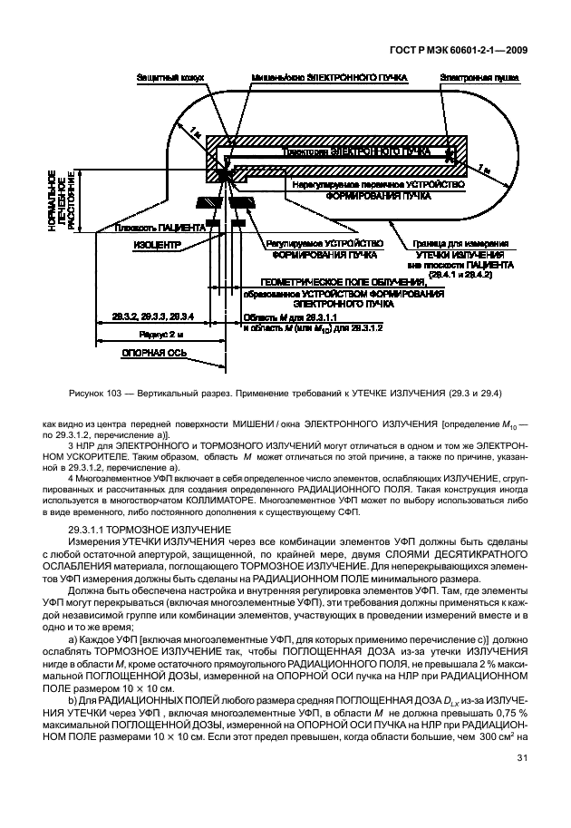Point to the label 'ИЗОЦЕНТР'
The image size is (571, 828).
pos(158,245)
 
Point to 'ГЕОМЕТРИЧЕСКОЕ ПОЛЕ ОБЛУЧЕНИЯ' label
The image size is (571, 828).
pos(343,284)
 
